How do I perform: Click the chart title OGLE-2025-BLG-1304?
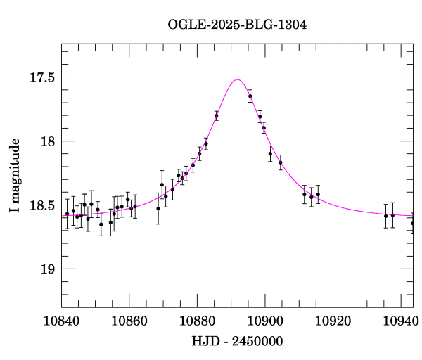(x=237, y=25)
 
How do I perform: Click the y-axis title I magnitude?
(x=15, y=175)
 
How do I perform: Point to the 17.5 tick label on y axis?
(x=41, y=77)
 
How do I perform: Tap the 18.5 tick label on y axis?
(x=41, y=205)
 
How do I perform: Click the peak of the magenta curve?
(x=237, y=79)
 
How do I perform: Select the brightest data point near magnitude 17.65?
(x=250, y=96)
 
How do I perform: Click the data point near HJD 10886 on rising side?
(x=216, y=116)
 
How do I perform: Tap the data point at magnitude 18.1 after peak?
(x=270, y=153)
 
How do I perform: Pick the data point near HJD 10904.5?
(x=280, y=162)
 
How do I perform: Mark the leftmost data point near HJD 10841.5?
(x=67, y=214)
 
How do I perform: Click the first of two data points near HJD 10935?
(x=385, y=216)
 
